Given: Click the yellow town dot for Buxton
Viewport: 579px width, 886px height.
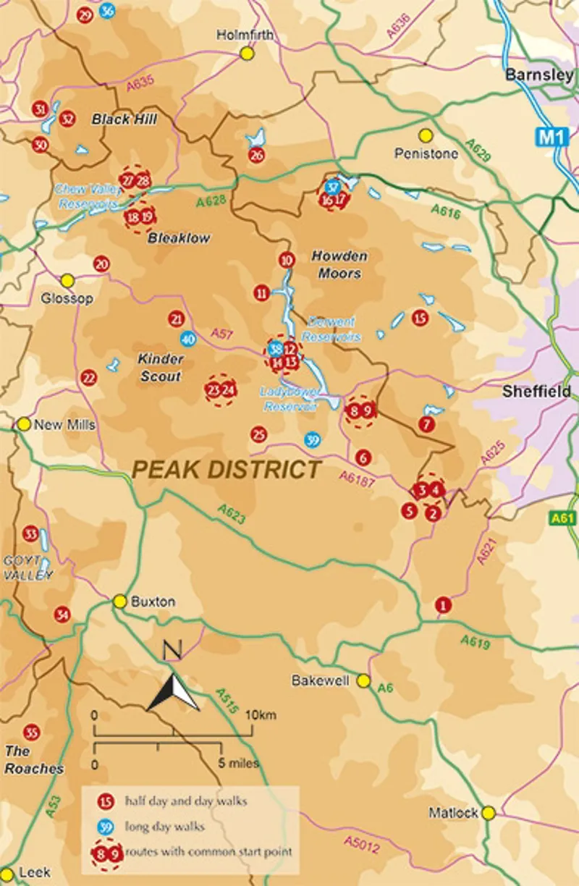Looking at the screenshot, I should (119, 601).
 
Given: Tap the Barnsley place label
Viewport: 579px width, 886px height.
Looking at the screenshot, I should (539, 75).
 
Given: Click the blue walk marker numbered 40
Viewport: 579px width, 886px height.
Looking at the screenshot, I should (188, 339).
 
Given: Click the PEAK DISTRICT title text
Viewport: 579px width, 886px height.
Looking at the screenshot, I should (227, 469).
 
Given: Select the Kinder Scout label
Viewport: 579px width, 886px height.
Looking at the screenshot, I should (160, 367).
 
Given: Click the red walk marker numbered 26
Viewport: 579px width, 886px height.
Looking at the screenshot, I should (256, 155).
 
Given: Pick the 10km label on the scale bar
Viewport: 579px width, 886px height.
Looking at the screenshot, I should (261, 715).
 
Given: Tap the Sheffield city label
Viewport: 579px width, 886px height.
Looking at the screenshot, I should (537, 392).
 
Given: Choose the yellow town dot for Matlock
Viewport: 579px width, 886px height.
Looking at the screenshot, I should (489, 813).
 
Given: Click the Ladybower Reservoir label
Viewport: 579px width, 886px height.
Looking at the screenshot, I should (288, 399).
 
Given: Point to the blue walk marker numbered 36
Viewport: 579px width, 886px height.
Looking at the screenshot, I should (107, 11).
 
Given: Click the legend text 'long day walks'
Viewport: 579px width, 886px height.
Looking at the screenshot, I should (165, 826).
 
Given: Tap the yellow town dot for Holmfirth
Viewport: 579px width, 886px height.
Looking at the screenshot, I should (248, 53).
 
